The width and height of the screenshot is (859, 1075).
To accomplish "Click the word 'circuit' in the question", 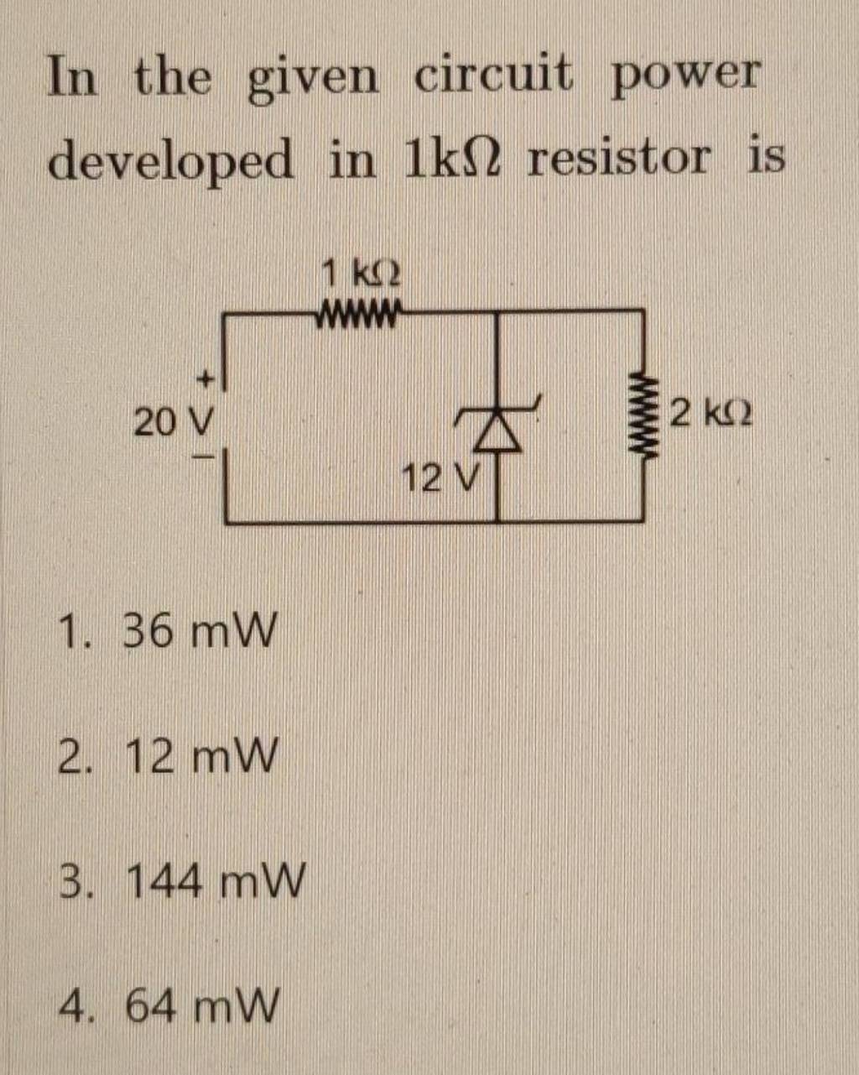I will click(x=494, y=76).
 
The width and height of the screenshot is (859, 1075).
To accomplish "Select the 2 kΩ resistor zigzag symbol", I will click(x=645, y=415).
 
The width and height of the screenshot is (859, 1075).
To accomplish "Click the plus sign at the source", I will click(x=206, y=382).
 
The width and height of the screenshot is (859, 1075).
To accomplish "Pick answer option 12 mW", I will click(x=199, y=758).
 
